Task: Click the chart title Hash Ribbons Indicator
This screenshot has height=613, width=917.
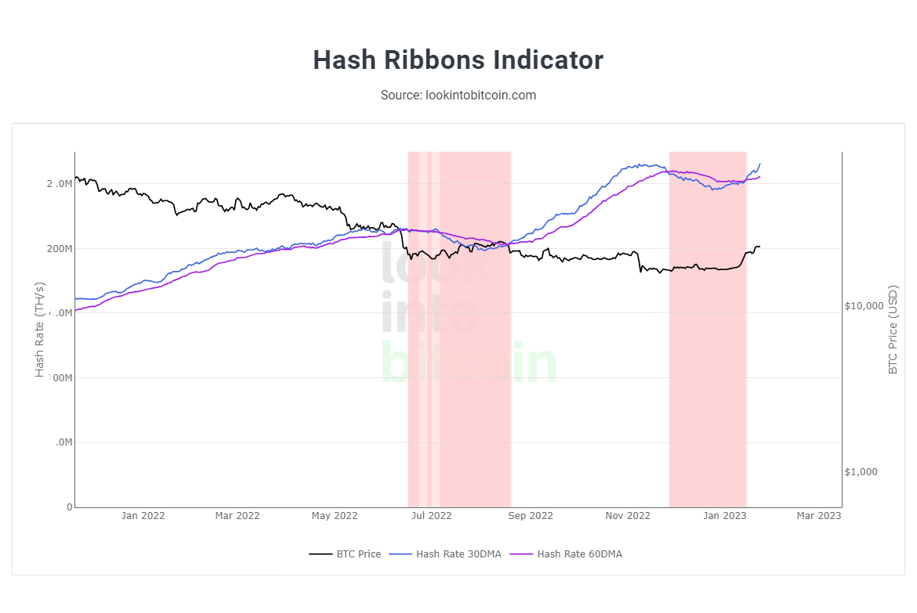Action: pyautogui.click(x=458, y=60)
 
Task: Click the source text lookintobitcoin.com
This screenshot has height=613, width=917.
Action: pyautogui.click(x=458, y=95)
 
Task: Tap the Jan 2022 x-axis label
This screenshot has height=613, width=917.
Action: pyautogui.click(x=143, y=516)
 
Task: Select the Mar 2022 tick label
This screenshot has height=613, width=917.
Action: pyautogui.click(x=237, y=516)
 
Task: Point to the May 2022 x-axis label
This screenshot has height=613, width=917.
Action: pyautogui.click(x=335, y=516)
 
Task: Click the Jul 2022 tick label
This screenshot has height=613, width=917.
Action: pyautogui.click(x=432, y=516)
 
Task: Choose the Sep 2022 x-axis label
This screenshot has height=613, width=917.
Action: pyautogui.click(x=531, y=516)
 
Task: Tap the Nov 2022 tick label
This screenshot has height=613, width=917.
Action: pyautogui.click(x=628, y=516)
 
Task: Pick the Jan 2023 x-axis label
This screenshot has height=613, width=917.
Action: pyautogui.click(x=724, y=516)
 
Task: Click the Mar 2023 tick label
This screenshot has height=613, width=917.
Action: pyautogui.click(x=818, y=516)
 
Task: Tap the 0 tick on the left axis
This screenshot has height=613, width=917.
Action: pyautogui.click(x=69, y=507)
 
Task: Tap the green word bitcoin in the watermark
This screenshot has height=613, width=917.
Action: pyautogui.click(x=469, y=362)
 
